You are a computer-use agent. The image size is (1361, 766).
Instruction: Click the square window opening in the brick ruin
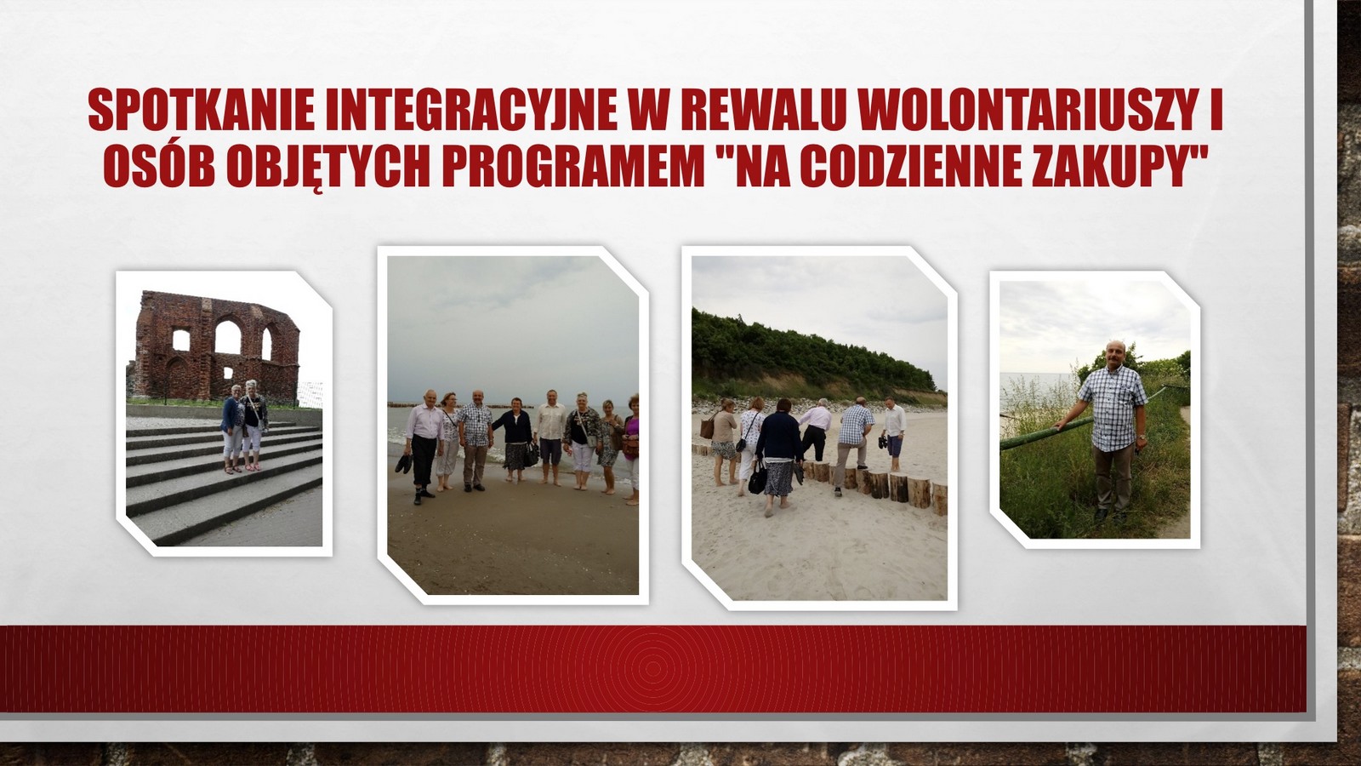(x=181, y=340)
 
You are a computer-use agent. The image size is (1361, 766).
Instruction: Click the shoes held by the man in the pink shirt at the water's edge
(x=403, y=464)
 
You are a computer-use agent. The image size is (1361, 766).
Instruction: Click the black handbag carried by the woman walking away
(x=758, y=477)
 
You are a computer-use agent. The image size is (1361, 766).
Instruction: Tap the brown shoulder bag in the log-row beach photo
(x=707, y=426)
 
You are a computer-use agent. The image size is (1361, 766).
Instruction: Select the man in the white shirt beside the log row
(x=893, y=434)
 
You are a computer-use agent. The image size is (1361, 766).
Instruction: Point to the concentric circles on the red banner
(x=652, y=669)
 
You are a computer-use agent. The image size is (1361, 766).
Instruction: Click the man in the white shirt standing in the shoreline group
(x=550, y=437)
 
